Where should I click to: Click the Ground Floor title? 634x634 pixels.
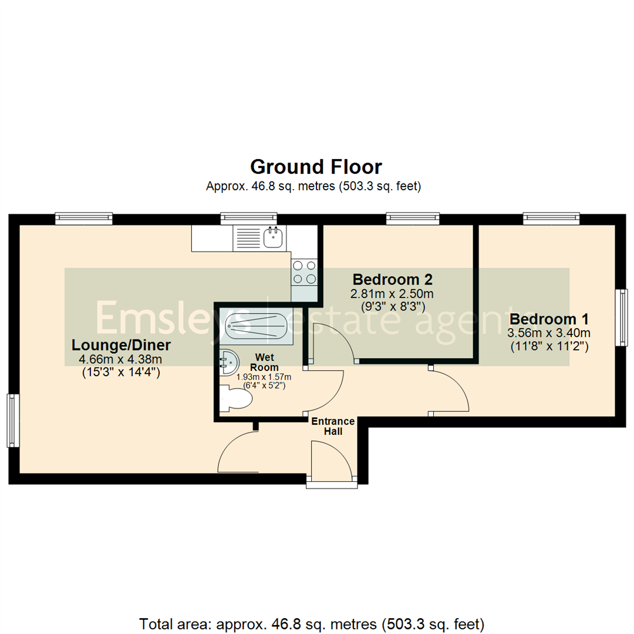(316, 167)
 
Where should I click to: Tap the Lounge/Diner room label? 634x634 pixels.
(121, 345)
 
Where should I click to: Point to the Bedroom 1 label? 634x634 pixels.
(548, 319)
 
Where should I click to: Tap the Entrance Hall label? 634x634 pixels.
(333, 426)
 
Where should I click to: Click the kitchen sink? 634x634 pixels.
(274, 238)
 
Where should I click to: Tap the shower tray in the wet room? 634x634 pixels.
(257, 325)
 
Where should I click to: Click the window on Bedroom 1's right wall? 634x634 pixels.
(620, 317)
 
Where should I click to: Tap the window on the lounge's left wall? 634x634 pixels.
(13, 420)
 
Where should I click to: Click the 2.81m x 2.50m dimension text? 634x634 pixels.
(393, 294)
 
